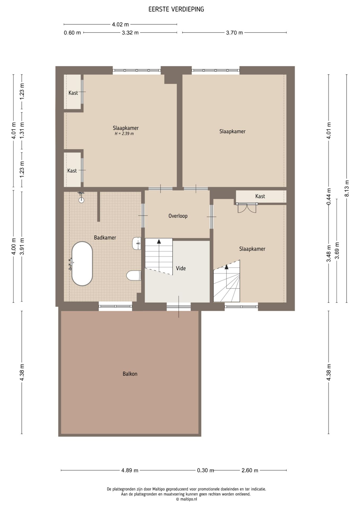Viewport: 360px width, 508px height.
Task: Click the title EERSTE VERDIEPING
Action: [x=176, y=9]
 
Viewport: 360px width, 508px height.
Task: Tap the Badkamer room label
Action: [x=105, y=238]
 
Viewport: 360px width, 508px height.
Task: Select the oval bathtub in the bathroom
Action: [x=82, y=264]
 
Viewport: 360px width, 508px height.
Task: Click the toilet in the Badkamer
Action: [x=133, y=275]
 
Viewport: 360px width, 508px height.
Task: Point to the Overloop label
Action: [x=178, y=216]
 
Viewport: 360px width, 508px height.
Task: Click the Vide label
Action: [x=181, y=268]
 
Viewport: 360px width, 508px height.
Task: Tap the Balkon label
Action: [x=130, y=374]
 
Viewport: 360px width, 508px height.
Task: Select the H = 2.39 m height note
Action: [x=124, y=134]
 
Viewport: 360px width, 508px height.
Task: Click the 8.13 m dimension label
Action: [x=346, y=188]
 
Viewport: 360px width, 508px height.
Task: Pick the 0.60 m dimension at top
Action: [x=72, y=33]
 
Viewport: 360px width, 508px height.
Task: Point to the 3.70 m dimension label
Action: [x=234, y=33]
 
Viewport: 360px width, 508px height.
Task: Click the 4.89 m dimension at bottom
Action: [x=130, y=470]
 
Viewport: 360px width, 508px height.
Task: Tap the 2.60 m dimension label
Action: [x=250, y=470]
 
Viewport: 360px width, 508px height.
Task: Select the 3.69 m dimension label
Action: [x=337, y=250]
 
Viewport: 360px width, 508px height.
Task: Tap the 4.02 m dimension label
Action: [x=120, y=25]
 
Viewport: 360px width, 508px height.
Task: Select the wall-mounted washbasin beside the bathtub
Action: [x=136, y=243]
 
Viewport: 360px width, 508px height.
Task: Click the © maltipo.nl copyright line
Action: [x=186, y=499]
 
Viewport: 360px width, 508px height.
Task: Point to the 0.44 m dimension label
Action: [x=329, y=196]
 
